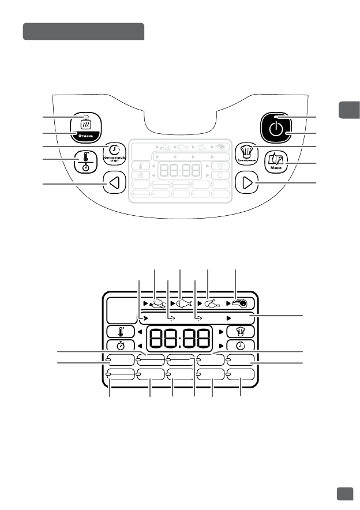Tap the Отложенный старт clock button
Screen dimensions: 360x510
pyautogui.click(x=114, y=152)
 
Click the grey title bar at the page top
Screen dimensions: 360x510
pyautogui.click(x=83, y=32)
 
